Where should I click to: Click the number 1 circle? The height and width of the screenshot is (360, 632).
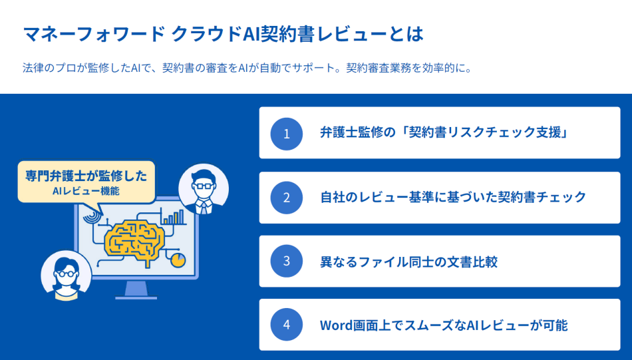click(287, 134)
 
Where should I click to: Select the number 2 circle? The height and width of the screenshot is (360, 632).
click(287, 198)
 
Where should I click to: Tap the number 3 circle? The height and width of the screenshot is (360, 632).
click(287, 261)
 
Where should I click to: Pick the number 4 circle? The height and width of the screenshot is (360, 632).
click(287, 325)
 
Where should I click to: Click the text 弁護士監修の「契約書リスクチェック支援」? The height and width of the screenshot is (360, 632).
click(444, 133)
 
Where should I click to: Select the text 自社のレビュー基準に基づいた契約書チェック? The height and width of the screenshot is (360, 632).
click(453, 197)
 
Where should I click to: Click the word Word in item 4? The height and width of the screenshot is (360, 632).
click(336, 325)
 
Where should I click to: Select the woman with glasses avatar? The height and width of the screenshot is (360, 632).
click(66, 275)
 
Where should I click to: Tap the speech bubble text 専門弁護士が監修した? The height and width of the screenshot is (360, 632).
click(86, 176)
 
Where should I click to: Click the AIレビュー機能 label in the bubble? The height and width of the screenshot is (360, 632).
click(86, 192)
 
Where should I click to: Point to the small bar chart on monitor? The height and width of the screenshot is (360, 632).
click(174, 217)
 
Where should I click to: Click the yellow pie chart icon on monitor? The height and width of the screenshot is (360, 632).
click(178, 260)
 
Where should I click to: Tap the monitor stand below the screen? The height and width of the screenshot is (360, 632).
click(136, 290)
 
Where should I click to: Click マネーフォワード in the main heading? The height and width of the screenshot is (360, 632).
click(92, 33)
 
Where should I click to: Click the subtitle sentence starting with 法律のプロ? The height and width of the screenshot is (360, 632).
click(247, 68)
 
